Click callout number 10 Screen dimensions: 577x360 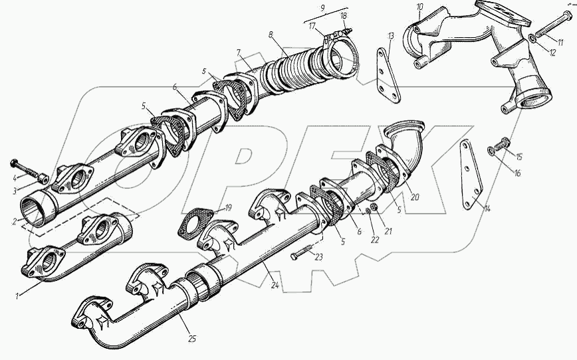[420, 7]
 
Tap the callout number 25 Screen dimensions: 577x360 [192, 339]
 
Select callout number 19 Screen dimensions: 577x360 [228, 208]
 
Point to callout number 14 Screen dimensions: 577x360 [487, 209]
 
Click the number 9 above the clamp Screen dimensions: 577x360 [322, 8]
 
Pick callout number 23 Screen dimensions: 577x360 [318, 257]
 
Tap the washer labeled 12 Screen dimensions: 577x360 [532, 38]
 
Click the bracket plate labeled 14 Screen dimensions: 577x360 [471, 175]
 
